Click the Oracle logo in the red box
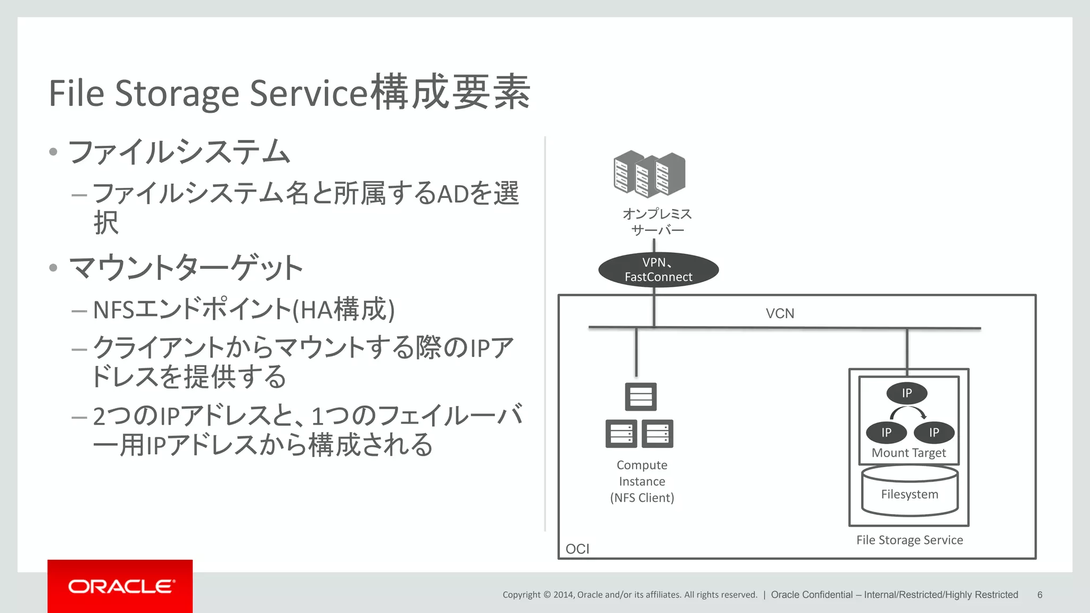pyautogui.click(x=120, y=586)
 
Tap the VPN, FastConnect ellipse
pyautogui.click(x=658, y=270)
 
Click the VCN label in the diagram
pyautogui.click(x=780, y=313)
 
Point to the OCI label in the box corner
pyautogui.click(x=577, y=549)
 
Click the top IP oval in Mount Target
pyautogui.click(x=906, y=393)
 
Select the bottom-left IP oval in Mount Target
pyautogui.click(x=886, y=433)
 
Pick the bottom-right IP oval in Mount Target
pyautogui.click(x=934, y=433)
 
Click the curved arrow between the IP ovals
pyautogui.click(x=909, y=412)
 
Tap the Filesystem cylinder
pyautogui.click(x=910, y=491)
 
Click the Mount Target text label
pyautogui.click(x=909, y=453)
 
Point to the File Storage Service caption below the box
pyautogui.click(x=909, y=540)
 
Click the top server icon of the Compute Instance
pyautogui.click(x=640, y=396)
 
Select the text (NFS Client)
pyautogui.click(x=642, y=498)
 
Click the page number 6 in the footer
pyautogui.click(x=1039, y=595)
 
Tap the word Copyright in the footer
pyautogui.click(x=521, y=595)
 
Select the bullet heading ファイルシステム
pyautogui.click(x=179, y=152)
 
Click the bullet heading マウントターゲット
pyautogui.click(x=186, y=268)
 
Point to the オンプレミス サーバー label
pyautogui.click(x=657, y=222)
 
